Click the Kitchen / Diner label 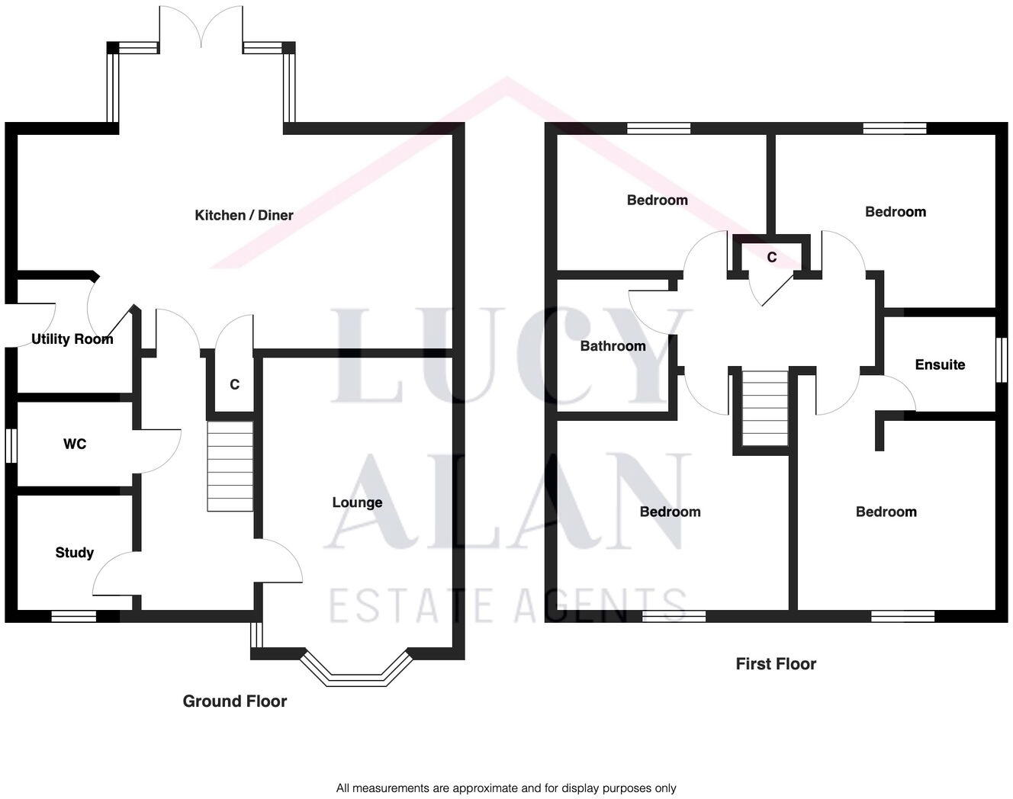(x=243, y=215)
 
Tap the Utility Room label (x=72, y=339)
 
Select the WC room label (x=75, y=444)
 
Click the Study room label (x=74, y=553)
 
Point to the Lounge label (x=357, y=502)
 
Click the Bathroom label (x=613, y=346)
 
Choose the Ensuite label (x=940, y=364)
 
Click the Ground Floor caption (x=234, y=701)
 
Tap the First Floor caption (x=776, y=664)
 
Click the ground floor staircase (x=230, y=466)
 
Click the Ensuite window (x=1002, y=360)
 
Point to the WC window (x=11, y=445)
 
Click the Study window (x=74, y=616)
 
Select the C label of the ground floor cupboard (x=235, y=384)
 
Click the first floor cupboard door (x=777, y=290)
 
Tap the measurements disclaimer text (x=506, y=788)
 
